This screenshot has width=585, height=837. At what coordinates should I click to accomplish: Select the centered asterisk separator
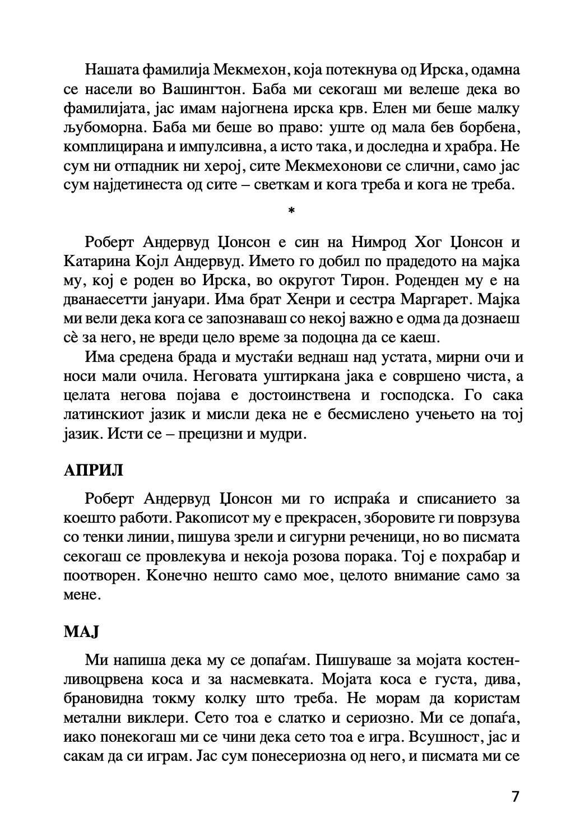[x=291, y=211]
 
